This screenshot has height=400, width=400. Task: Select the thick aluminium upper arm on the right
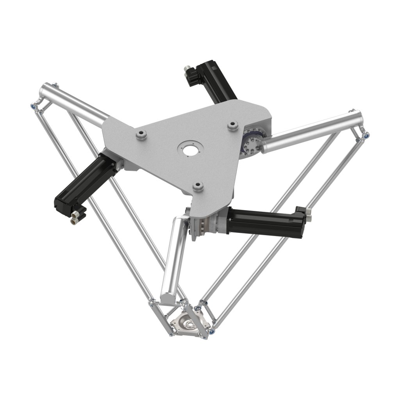312,129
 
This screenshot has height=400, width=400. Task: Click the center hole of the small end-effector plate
189,324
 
